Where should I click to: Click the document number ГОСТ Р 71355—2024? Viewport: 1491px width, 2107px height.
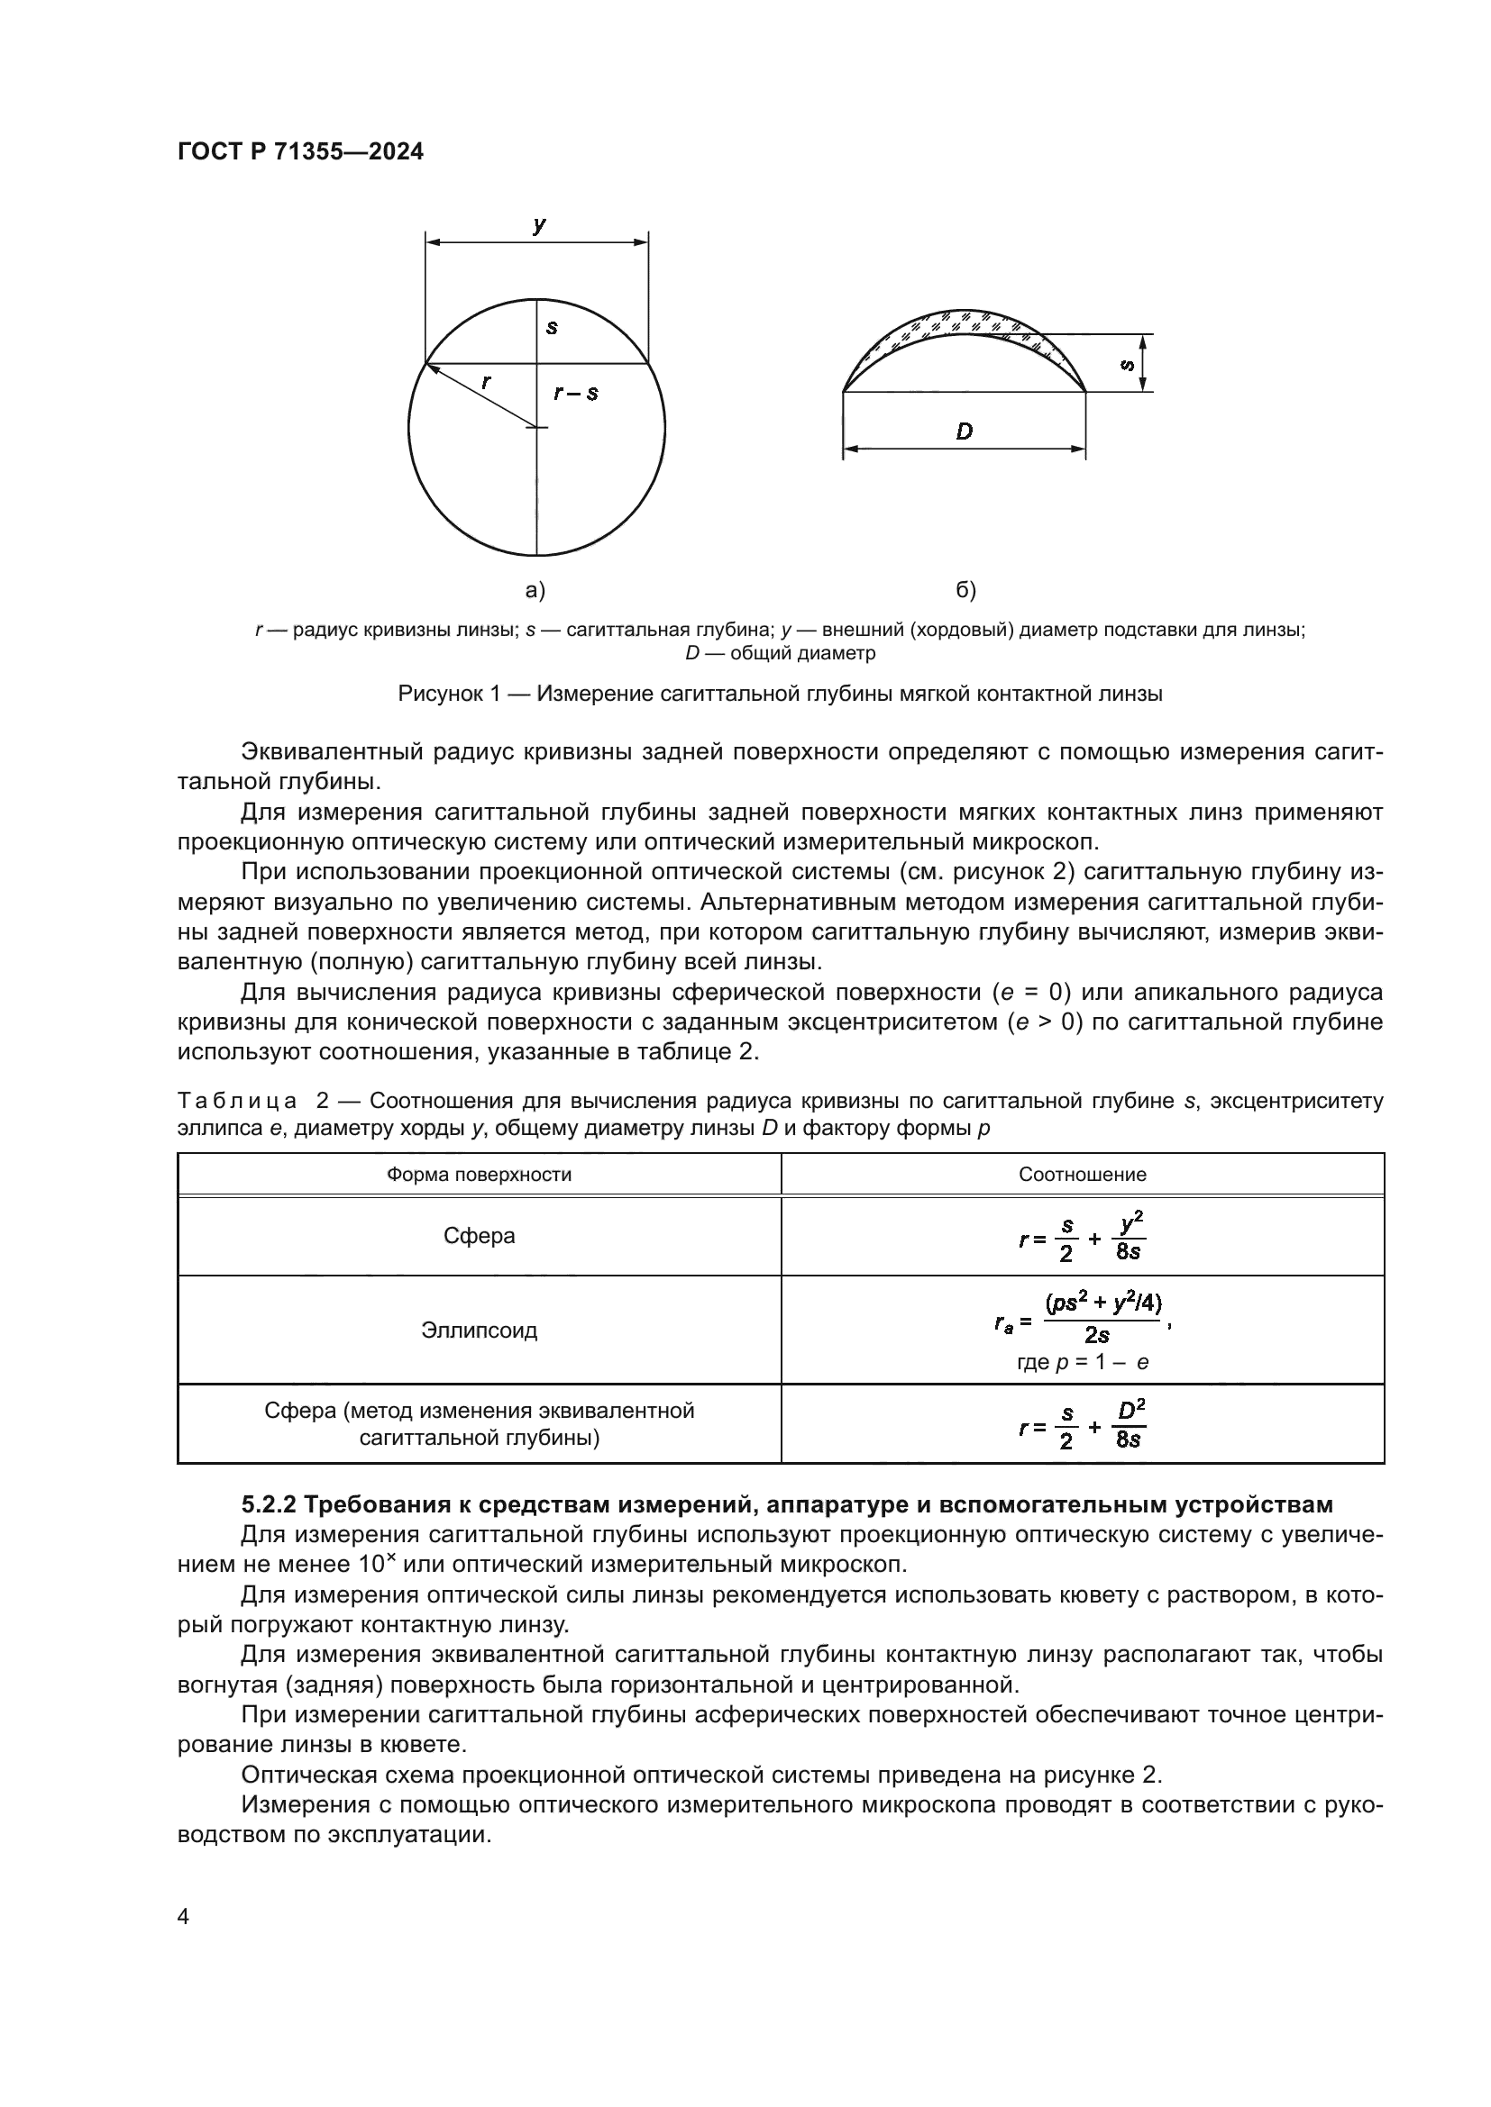[x=300, y=152]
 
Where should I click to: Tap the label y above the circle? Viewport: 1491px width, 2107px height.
[x=539, y=223]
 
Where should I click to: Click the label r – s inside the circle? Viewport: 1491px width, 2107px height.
[x=576, y=394]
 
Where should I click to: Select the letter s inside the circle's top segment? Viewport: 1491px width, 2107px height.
[x=552, y=326]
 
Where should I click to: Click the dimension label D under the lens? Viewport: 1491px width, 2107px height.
[x=963, y=431]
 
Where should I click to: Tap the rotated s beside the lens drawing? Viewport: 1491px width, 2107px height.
[x=1128, y=364]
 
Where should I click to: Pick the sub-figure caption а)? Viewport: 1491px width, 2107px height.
[x=535, y=590]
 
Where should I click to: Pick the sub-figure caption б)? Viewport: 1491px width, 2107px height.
[x=965, y=590]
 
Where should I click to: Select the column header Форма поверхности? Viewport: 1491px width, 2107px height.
[x=479, y=1175]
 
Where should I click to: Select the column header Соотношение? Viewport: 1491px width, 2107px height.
[x=1082, y=1175]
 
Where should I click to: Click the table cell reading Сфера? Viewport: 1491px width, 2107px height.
[x=479, y=1236]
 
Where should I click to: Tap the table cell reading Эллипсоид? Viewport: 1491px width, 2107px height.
[x=479, y=1330]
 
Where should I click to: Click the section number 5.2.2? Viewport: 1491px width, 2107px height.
[x=268, y=1505]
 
